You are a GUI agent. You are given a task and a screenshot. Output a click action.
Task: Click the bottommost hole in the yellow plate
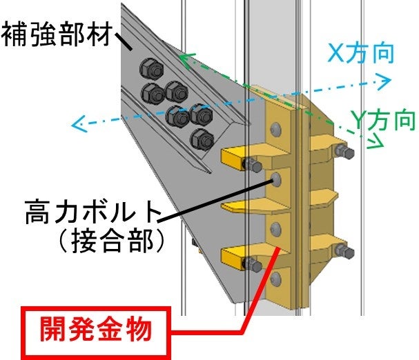(x=276, y=277)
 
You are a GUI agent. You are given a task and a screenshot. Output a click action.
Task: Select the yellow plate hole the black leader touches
(x=275, y=180)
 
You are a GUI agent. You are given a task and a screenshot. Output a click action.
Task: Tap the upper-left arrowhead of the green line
(x=183, y=59)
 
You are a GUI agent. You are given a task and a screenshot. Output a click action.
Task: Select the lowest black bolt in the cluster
(x=201, y=137)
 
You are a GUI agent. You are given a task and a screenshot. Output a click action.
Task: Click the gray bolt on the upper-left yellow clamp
(x=251, y=166)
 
